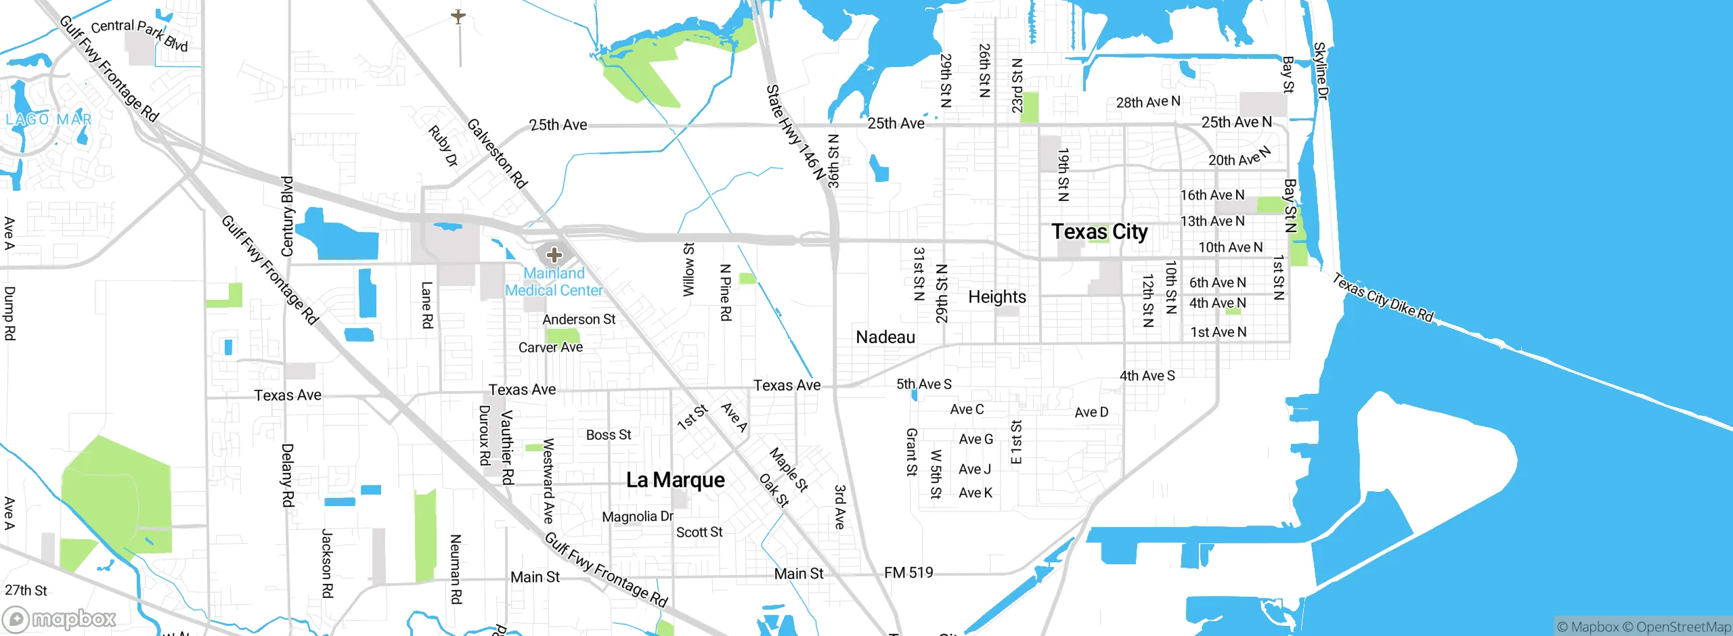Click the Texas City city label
1099,232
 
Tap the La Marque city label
675,480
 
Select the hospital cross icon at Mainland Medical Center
554,255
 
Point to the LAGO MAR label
49,120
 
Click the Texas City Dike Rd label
1383,298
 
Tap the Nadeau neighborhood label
885,337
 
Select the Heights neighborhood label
996,297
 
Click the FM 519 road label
908,573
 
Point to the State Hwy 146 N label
796,132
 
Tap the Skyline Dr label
1320,70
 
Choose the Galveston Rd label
497,153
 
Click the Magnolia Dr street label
637,516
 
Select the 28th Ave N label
1147,102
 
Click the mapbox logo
60,618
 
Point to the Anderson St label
579,319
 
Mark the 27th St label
26,590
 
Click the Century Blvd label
287,217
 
